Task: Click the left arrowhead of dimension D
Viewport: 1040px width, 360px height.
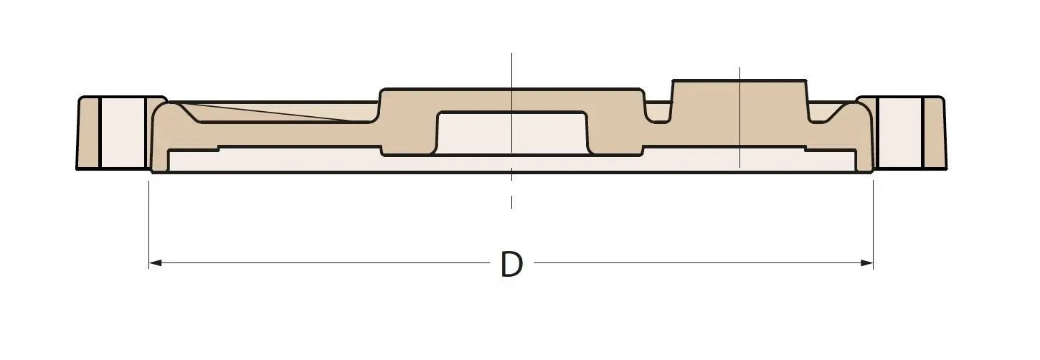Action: (x=155, y=263)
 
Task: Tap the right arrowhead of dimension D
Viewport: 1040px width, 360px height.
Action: (x=867, y=263)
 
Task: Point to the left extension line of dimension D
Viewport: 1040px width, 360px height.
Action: (x=149, y=224)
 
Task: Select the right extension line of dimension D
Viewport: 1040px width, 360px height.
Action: (x=874, y=224)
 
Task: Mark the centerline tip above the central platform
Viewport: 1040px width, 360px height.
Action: (x=511, y=53)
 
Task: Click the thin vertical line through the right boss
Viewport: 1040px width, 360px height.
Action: (x=739, y=118)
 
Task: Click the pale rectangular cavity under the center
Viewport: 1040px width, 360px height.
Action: (x=511, y=133)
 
